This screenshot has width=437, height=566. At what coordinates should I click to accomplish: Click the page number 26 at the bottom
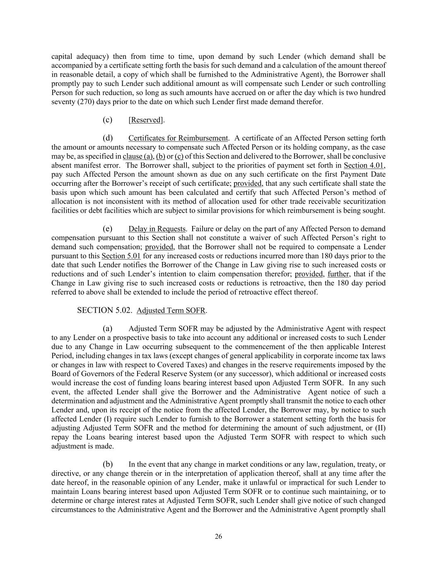click(218, 537)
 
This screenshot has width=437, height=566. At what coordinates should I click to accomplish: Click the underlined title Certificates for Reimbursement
click(178, 138)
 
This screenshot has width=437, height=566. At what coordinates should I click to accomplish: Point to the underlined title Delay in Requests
click(157, 229)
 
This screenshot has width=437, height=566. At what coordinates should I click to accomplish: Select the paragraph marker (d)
click(108, 138)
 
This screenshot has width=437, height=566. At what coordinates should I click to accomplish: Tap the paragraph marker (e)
click(108, 229)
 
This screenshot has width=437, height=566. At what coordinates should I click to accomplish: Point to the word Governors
click(89, 374)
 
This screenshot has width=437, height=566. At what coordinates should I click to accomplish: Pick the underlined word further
click(338, 274)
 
